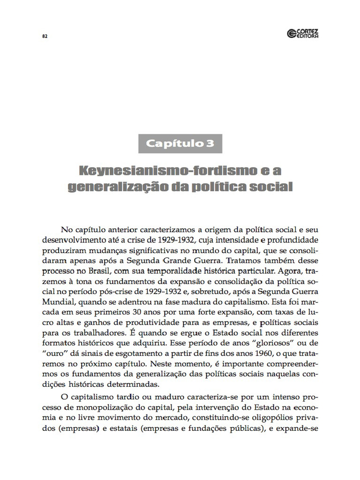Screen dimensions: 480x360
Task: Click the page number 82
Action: click(x=45, y=37)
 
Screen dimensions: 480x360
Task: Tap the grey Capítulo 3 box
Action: click(x=180, y=143)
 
